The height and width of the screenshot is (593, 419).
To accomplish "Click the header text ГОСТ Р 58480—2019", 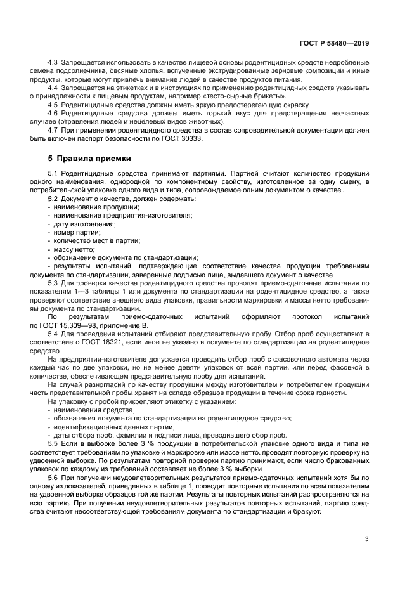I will [x=333, y=43].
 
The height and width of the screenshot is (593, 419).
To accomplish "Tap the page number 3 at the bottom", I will [x=366, y=539].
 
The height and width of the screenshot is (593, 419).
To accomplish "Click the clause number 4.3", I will [x=53, y=62].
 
